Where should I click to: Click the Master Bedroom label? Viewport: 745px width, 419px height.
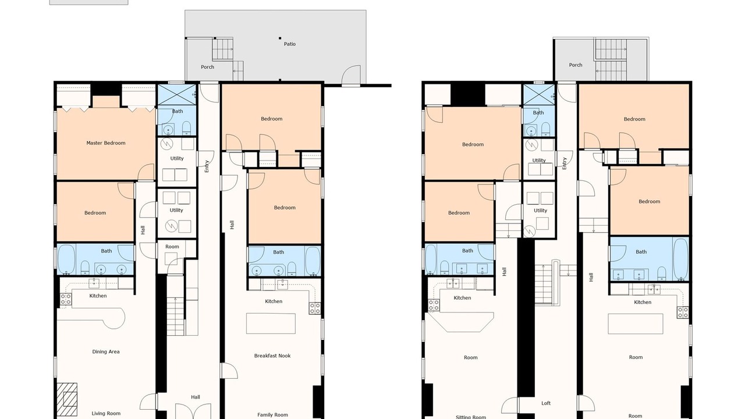pyautogui.click(x=106, y=143)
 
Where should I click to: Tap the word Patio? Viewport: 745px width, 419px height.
pyautogui.click(x=290, y=44)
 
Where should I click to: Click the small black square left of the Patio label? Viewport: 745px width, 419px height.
pyautogui.click(x=280, y=38)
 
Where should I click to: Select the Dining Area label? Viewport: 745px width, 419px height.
pyautogui.click(x=106, y=351)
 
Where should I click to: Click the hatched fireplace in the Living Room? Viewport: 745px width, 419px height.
pyautogui.click(x=67, y=399)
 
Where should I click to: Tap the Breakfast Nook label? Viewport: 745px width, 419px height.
pyautogui.click(x=272, y=356)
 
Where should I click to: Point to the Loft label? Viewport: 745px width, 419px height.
pyautogui.click(x=546, y=403)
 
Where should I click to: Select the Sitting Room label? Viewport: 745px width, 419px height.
pyautogui.click(x=471, y=417)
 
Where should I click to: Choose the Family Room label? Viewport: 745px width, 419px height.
pyautogui.click(x=272, y=415)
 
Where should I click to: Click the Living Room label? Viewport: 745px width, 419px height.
pyautogui.click(x=106, y=413)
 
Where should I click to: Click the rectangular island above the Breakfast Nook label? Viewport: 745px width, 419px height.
pyautogui.click(x=271, y=323)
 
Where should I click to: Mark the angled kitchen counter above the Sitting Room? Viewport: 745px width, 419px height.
pyautogui.click(x=460, y=322)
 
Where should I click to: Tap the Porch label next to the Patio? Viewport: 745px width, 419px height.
pyautogui.click(x=207, y=67)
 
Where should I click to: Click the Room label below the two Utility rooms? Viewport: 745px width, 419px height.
pyautogui.click(x=172, y=246)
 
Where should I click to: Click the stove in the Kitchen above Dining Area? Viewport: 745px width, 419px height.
pyautogui.click(x=66, y=299)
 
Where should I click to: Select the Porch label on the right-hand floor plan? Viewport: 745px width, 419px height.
pyautogui.click(x=576, y=65)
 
